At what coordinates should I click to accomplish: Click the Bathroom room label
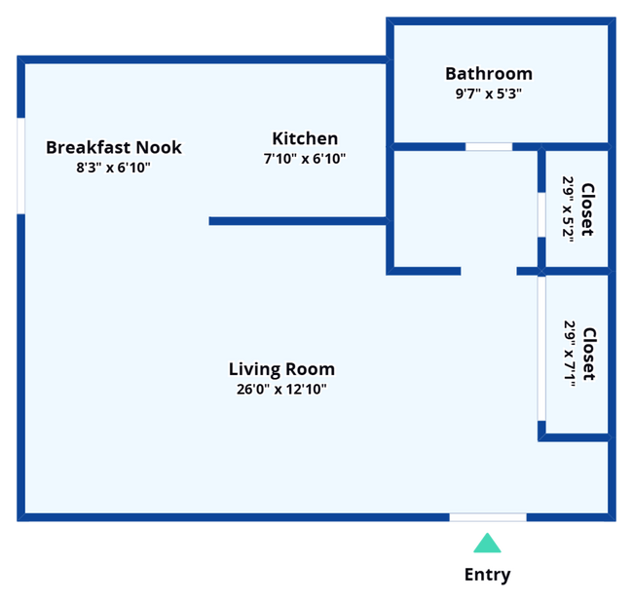coord(489,74)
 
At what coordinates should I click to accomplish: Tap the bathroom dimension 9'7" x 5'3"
coord(489,94)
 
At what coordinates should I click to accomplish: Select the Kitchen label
coord(305,138)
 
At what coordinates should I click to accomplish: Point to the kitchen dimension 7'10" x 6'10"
coord(305,159)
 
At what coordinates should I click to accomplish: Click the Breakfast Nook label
coord(114,147)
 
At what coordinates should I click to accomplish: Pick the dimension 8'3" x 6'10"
coord(113,168)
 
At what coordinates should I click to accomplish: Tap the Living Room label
coord(281,369)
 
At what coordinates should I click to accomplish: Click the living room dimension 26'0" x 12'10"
coord(281,390)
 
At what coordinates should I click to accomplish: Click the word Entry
coord(487,575)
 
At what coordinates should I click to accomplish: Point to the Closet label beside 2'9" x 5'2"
coord(587,209)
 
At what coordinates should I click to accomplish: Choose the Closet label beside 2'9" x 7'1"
coord(589,355)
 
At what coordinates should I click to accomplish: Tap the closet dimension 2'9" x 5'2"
coord(568,208)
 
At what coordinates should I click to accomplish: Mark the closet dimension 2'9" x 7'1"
coord(570,354)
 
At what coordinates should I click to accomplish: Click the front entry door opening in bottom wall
coord(488,517)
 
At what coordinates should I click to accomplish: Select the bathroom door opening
coord(489,146)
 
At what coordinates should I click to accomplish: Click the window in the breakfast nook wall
coord(21,166)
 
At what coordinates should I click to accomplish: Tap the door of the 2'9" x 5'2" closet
coord(541,215)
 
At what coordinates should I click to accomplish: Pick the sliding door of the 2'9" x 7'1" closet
coord(541,349)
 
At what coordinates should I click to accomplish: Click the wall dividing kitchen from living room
coord(299,221)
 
